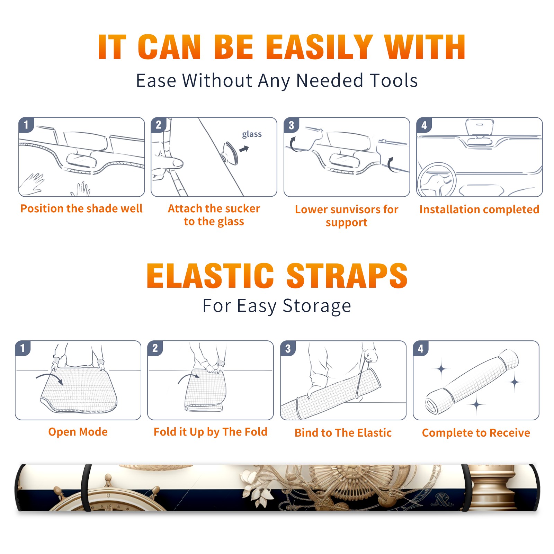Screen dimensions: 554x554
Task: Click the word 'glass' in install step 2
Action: point(252,134)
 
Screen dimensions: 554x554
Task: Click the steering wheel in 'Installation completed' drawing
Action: point(437,180)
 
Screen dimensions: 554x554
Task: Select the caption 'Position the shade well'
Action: point(81,208)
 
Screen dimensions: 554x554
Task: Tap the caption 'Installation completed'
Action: point(479,209)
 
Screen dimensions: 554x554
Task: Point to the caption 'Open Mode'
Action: point(78,432)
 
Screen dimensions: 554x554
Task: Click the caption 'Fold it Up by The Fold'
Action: point(211,432)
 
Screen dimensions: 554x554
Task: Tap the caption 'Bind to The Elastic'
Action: point(343,433)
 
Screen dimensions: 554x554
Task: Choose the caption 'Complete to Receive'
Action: point(476,433)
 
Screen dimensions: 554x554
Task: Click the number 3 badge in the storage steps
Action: point(288,348)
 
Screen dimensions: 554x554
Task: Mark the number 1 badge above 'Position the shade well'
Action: point(26,125)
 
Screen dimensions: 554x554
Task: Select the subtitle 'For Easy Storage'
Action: point(277,306)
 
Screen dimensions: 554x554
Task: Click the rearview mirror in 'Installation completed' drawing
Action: point(480,128)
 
